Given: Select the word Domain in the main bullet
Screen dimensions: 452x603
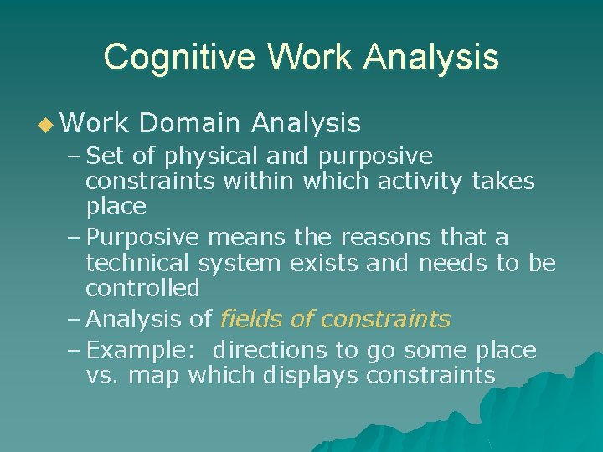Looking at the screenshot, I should point(191,124).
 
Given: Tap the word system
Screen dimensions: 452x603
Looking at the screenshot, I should point(240,263).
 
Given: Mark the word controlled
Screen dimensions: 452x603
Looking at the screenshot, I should point(142,288).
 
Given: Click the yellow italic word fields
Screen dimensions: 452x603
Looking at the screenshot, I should point(249,319).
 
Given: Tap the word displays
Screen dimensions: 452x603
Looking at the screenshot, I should point(311,376).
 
